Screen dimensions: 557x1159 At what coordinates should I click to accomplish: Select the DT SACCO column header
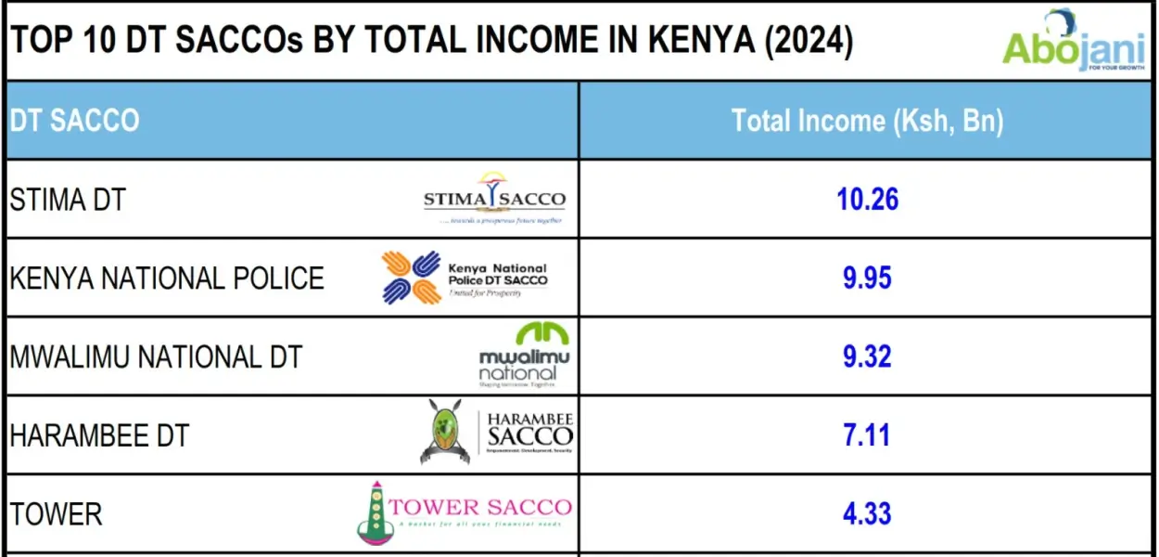[74, 121]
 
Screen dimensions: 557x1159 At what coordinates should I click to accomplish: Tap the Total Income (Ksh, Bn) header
[867, 121]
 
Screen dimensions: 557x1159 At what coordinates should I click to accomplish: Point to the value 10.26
[867, 200]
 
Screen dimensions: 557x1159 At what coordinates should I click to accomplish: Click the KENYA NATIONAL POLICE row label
[167, 278]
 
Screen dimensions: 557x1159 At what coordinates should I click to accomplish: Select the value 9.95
[867, 278]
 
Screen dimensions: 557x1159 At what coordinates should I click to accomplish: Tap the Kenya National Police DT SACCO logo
[465, 277]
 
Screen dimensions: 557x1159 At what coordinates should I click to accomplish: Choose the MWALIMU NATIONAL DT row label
[156, 357]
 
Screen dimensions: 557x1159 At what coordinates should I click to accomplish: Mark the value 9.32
[867, 357]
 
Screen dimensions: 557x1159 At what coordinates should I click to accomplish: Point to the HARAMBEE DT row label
[98, 435]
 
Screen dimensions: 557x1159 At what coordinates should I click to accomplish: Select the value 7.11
[867, 435]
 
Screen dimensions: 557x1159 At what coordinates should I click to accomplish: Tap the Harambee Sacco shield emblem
[445, 433]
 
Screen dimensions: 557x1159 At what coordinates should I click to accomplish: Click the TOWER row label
[56, 514]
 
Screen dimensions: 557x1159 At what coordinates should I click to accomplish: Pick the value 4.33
[867, 514]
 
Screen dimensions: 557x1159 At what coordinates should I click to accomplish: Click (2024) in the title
[807, 41]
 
